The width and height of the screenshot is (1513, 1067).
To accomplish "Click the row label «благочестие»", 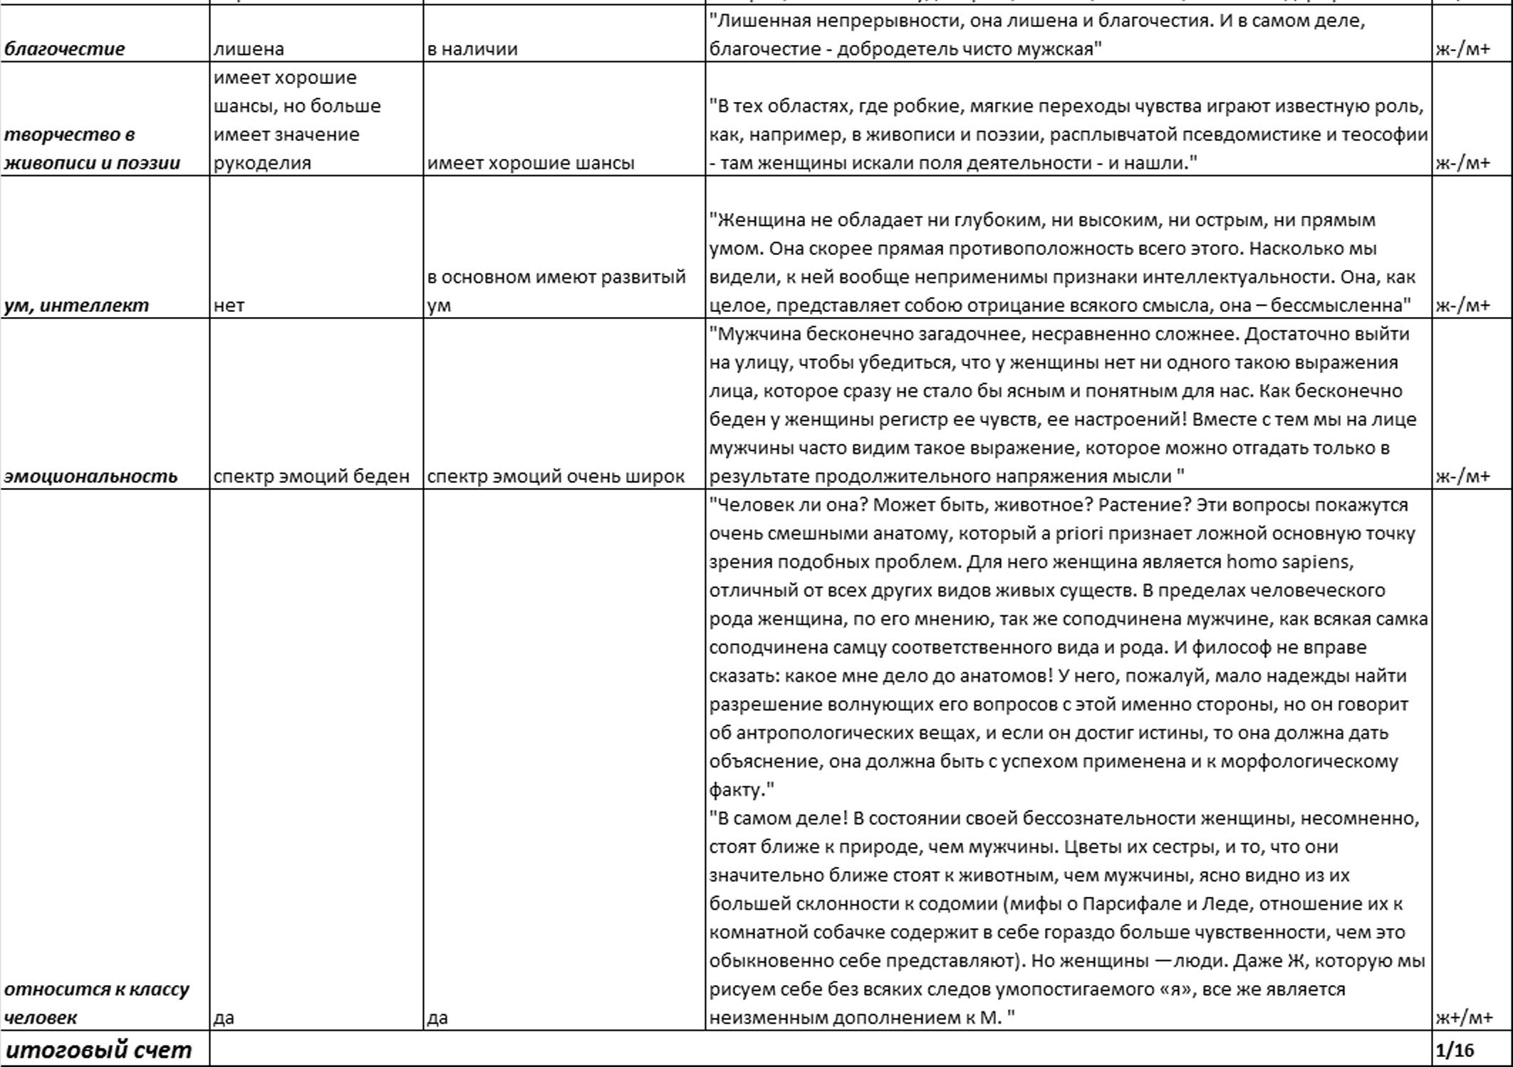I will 64,49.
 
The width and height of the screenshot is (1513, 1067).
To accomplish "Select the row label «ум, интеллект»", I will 76,306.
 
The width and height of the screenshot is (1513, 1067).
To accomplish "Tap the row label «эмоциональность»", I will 90,477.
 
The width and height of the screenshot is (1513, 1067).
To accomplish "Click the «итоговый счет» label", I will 98,1050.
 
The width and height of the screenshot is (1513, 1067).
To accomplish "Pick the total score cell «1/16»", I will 1455,1050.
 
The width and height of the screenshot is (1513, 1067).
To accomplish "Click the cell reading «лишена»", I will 249,49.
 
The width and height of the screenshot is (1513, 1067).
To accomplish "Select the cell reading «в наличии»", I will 472,49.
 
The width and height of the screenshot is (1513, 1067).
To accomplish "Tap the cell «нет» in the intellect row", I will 229,306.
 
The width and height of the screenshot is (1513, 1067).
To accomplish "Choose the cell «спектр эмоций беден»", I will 311,477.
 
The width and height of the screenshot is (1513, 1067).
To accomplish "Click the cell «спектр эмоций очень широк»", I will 556,477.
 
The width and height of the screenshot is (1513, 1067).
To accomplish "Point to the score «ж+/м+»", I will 1464,1018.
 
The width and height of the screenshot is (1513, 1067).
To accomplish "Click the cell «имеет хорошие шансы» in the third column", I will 531,163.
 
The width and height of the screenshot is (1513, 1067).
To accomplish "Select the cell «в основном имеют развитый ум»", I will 556,291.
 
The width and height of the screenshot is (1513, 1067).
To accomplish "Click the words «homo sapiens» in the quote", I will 1289,562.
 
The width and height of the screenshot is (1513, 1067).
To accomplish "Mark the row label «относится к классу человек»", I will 96,1003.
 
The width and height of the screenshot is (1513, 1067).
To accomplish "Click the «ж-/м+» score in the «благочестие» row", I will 1462,49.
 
